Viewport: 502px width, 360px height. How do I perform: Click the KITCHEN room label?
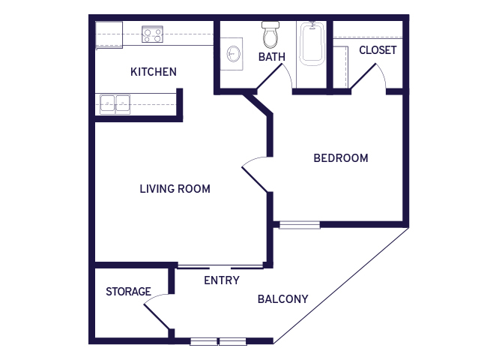[x=154, y=71]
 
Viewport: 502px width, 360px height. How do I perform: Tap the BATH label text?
[x=272, y=57]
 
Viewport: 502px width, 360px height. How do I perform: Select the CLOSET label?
[x=378, y=50]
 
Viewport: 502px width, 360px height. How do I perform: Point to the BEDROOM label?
[x=341, y=158]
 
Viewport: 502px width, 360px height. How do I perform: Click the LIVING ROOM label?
[x=175, y=189]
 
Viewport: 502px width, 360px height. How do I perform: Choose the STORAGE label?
[x=128, y=292]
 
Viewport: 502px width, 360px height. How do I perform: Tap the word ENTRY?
[x=222, y=280]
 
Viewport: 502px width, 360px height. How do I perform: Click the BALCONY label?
[x=282, y=299]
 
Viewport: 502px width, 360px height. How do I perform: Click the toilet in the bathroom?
[x=270, y=34]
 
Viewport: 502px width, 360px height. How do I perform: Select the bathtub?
[x=312, y=44]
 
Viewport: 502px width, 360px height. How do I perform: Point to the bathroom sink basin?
[x=234, y=54]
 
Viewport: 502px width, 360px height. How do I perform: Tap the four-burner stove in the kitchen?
[x=152, y=34]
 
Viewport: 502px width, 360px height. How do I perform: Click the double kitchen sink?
[x=115, y=104]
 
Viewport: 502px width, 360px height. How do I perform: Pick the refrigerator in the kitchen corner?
[x=109, y=35]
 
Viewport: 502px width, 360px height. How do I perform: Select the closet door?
[x=369, y=77]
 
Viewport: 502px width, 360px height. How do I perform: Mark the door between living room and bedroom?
[x=255, y=174]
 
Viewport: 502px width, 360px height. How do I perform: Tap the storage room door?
[x=157, y=311]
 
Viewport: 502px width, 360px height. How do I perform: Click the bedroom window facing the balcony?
[x=300, y=225]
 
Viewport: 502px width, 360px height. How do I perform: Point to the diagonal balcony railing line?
[x=341, y=286]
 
